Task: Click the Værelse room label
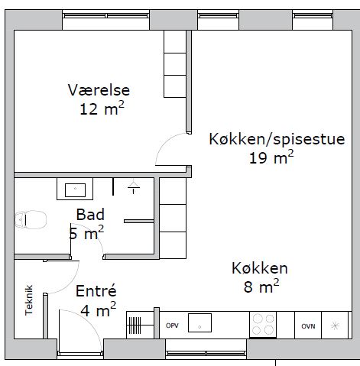(99, 90)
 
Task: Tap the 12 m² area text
(102, 109)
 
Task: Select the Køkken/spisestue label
(277, 139)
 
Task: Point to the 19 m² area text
(271, 157)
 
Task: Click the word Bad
(90, 215)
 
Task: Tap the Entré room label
(96, 290)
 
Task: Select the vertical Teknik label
(29, 300)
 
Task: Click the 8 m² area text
(261, 286)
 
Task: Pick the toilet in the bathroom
(31, 219)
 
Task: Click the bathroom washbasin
(75, 189)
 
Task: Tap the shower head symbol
(134, 186)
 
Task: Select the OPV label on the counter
(172, 326)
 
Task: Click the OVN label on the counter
(308, 326)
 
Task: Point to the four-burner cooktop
(263, 325)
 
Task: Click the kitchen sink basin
(199, 322)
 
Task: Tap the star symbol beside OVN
(335, 326)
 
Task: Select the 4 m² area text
(99, 309)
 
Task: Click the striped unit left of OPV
(134, 326)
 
